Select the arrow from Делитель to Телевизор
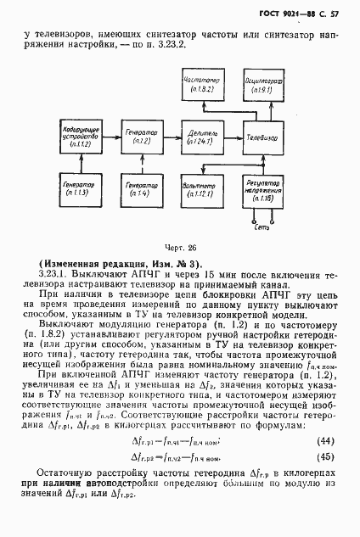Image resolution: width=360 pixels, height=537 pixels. [x=229, y=136]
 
